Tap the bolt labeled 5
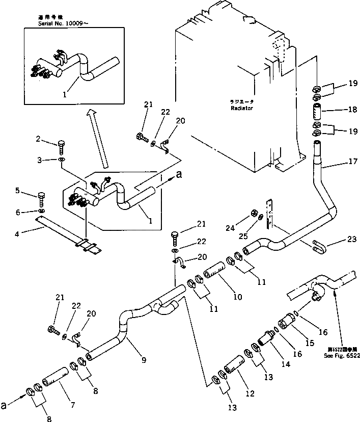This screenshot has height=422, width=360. point(42,197)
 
